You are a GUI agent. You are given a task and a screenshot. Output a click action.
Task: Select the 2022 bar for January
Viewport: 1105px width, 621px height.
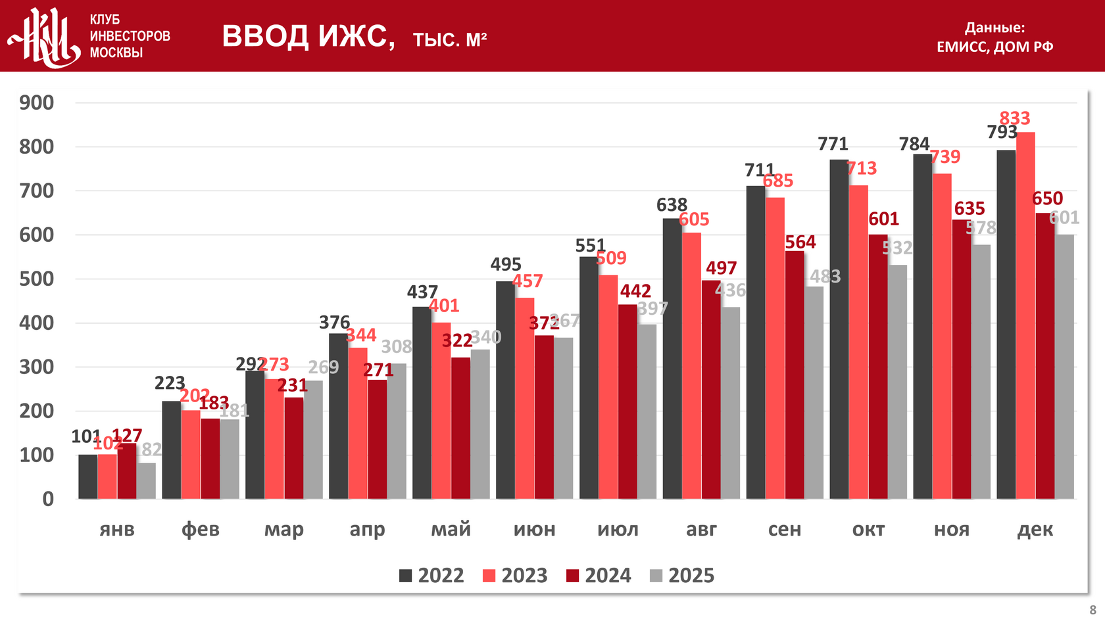87,476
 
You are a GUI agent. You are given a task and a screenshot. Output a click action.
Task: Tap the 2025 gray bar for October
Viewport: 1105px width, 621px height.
897,381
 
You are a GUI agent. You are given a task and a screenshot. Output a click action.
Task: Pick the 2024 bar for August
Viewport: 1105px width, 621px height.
711,389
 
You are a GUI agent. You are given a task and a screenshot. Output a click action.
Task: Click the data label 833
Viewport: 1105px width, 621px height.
1014,118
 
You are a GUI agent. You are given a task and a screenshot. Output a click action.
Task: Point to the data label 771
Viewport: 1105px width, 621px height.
833,144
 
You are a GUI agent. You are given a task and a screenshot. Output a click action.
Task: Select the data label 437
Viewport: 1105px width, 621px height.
422,292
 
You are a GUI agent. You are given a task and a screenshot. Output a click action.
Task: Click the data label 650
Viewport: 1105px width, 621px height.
1047,198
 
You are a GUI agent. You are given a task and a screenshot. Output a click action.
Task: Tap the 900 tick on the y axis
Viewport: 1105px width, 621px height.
37,103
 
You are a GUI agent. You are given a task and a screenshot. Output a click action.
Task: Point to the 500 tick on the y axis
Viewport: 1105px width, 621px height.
37,279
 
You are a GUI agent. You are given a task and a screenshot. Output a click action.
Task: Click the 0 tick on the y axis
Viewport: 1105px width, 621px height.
47,499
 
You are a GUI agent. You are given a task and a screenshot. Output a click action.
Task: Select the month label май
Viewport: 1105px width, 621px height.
451,529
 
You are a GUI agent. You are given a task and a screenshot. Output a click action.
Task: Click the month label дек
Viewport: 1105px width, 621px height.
1035,529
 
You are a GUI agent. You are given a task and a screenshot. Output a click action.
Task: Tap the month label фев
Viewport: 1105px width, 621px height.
200,529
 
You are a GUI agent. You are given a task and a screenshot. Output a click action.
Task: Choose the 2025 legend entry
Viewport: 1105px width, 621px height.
682,576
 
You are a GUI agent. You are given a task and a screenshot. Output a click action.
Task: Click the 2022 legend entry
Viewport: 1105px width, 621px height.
431,576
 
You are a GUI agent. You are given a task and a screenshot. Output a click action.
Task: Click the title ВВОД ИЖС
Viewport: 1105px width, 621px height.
308,36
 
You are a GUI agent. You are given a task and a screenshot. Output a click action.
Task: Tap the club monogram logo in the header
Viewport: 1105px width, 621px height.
45,37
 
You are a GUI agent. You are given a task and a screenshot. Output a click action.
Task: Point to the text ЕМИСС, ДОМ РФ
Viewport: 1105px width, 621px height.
994,47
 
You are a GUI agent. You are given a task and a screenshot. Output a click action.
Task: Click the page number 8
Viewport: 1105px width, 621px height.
1093,610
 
